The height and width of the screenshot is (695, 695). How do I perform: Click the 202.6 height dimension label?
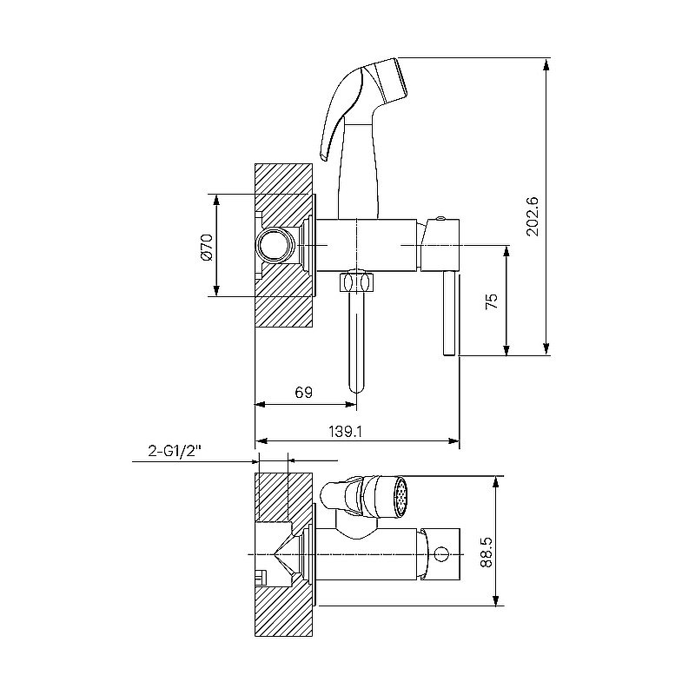(533, 216)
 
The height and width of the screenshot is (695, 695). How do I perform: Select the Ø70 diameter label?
(207, 248)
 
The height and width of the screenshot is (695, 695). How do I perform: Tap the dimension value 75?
(492, 301)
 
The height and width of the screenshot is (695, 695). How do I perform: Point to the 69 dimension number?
(303, 393)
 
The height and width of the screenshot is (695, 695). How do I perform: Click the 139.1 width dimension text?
(345, 431)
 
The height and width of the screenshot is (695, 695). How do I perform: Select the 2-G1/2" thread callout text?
(175, 452)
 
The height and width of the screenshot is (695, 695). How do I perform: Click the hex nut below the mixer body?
(357, 281)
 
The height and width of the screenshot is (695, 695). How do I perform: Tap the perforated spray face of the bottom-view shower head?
(401, 497)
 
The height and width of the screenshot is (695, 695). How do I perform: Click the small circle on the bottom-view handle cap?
(441, 554)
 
